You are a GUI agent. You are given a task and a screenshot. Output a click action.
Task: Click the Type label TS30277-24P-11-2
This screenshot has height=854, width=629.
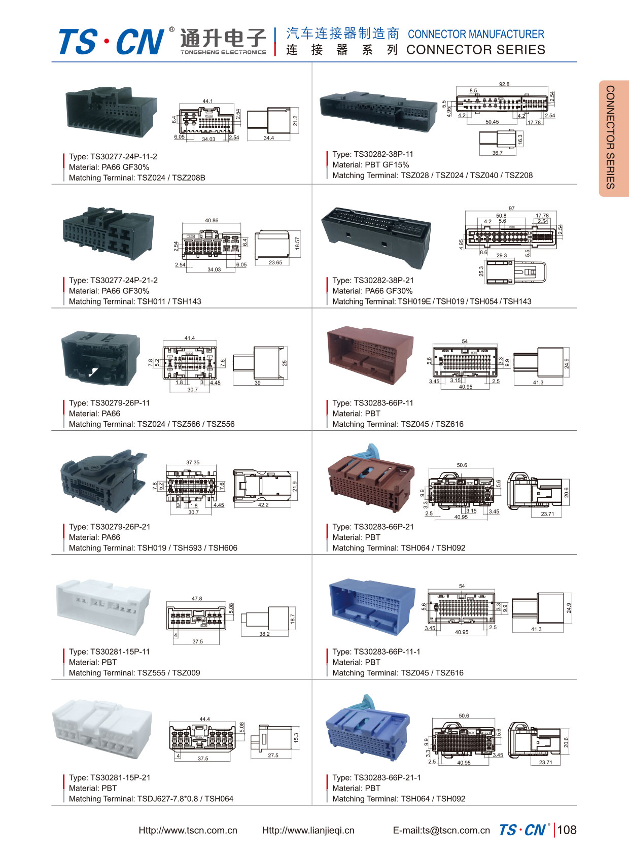pyautogui.click(x=113, y=157)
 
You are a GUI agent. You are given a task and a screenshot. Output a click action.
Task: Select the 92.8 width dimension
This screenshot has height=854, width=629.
pyautogui.click(x=504, y=84)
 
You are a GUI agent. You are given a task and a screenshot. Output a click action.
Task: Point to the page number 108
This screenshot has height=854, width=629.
pyautogui.click(x=567, y=830)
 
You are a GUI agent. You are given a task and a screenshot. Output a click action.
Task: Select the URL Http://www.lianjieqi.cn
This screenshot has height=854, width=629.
pyautogui.click(x=308, y=831)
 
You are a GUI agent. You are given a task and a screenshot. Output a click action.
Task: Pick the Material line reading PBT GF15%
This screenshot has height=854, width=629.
pyautogui.click(x=370, y=165)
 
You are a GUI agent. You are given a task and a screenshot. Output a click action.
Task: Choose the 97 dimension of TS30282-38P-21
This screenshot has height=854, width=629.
pyautogui.click(x=511, y=209)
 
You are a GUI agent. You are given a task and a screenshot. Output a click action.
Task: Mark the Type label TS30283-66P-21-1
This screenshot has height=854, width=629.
pyautogui.click(x=376, y=778)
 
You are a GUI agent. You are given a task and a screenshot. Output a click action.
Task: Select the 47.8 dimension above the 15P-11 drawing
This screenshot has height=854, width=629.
pyautogui.click(x=197, y=599)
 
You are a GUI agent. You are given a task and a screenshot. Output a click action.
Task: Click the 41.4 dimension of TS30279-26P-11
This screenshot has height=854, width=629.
pyautogui.click(x=190, y=338)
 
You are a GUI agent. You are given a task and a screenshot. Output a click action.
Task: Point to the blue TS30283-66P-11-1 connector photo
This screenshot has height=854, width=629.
pyautogui.click(x=372, y=606)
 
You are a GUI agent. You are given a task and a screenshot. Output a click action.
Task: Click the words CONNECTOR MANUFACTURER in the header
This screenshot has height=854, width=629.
pyautogui.click(x=476, y=35)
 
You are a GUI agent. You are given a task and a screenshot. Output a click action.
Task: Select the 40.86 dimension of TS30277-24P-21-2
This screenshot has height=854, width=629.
pyautogui.click(x=212, y=221)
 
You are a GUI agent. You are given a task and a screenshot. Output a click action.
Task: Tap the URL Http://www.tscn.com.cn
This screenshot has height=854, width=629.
pyautogui.click(x=188, y=831)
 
